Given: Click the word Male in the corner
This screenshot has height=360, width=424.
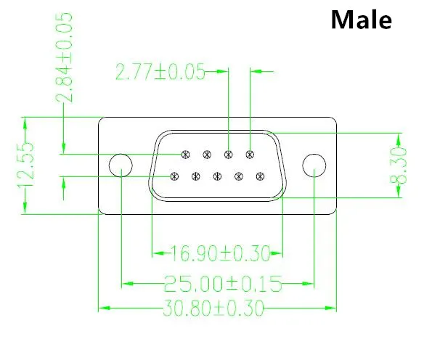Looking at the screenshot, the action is (362, 20).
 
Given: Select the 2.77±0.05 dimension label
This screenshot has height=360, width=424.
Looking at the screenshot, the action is (160, 72).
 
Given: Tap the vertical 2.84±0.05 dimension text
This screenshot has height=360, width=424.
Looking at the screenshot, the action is (64, 57).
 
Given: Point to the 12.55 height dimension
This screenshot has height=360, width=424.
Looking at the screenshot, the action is (26, 165).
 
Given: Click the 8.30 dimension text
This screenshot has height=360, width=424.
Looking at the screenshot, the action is (399, 165).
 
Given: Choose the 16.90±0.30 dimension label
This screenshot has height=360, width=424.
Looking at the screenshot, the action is (221, 253).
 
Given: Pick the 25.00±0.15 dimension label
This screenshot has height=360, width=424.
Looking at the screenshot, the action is (223, 284).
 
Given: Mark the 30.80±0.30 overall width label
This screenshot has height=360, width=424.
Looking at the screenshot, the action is (213, 308).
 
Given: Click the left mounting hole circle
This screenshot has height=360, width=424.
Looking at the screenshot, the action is (121, 154).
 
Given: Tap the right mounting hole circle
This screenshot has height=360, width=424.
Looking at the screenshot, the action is (314, 154).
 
